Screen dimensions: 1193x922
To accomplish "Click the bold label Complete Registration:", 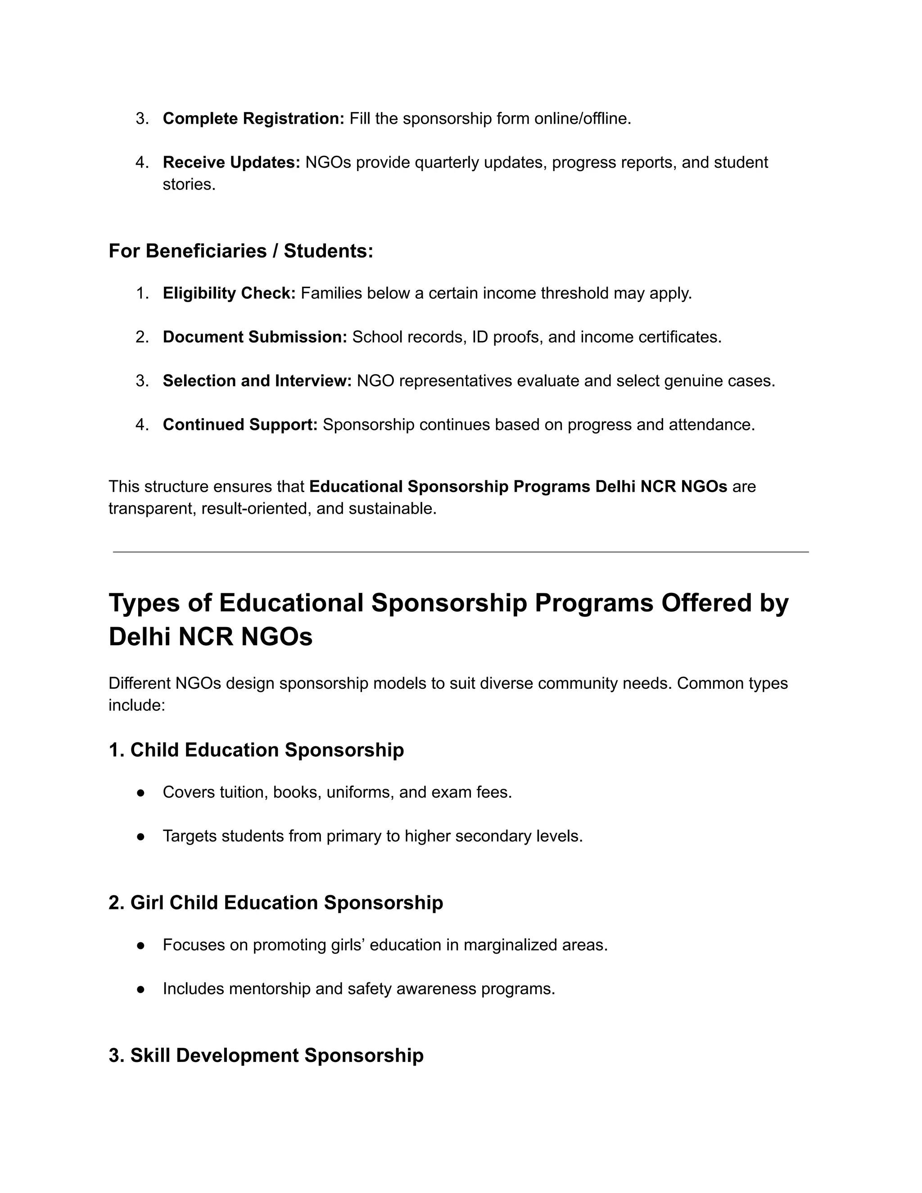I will [253, 118].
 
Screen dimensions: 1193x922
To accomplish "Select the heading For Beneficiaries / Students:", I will [241, 251].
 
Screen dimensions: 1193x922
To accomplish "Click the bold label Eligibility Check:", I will [229, 294].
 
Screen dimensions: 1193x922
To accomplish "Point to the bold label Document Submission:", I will [254, 337].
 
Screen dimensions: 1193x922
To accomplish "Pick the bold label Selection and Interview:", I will [257, 381].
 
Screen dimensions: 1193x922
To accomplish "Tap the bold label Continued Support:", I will [240, 425].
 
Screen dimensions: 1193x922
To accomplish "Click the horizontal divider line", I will [461, 552].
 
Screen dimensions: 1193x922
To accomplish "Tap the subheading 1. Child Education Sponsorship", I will [256, 750].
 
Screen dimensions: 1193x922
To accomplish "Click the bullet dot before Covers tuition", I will [140, 793].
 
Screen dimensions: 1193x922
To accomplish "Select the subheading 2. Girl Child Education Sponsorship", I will [276, 903].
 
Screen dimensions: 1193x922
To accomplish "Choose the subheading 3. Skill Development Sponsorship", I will [266, 1055].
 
